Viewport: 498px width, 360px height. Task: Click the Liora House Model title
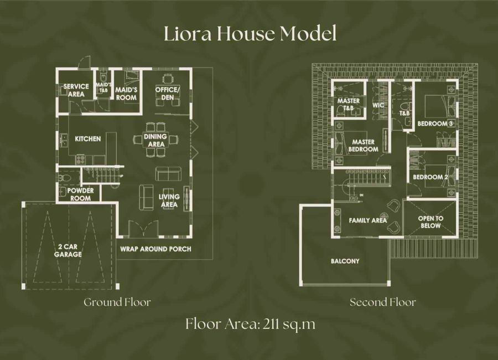[x=250, y=34]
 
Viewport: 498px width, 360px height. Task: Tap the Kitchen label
[x=87, y=139]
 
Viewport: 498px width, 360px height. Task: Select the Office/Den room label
[x=167, y=94]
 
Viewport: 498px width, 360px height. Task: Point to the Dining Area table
[x=155, y=140]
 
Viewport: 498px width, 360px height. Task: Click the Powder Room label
[x=80, y=194]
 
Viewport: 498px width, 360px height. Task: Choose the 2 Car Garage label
[x=68, y=250]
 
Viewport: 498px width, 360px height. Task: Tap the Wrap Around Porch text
[x=155, y=249]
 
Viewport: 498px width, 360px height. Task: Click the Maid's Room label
[x=126, y=94]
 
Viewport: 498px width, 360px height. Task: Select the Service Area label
[x=76, y=90]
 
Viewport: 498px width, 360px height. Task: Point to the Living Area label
[x=169, y=200]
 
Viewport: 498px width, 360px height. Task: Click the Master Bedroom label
[x=364, y=146]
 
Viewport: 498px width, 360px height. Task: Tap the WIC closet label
[x=378, y=105]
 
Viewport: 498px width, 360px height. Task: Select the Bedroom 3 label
[x=435, y=124]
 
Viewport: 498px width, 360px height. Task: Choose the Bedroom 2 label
[x=430, y=177]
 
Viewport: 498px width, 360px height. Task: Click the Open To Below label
[x=430, y=222]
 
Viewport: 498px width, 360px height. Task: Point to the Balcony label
[x=345, y=261]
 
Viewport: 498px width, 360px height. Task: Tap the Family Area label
[x=368, y=220]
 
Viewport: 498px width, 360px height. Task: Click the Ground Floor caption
[x=117, y=302]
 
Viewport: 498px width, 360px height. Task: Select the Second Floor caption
[x=383, y=302]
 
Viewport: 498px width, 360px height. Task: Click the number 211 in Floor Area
[x=272, y=325]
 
